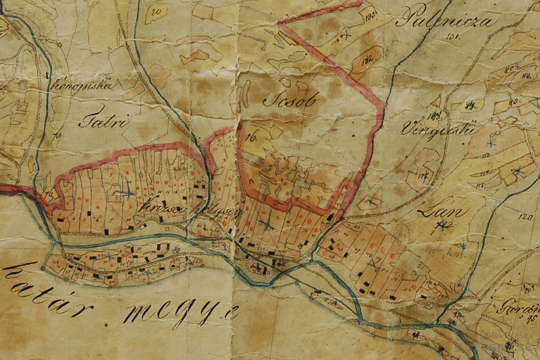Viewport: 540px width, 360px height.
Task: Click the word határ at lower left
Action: pos(47,283)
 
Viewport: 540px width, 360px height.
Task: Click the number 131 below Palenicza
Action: pos(452,37)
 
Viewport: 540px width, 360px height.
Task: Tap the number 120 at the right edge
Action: pos(526,218)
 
